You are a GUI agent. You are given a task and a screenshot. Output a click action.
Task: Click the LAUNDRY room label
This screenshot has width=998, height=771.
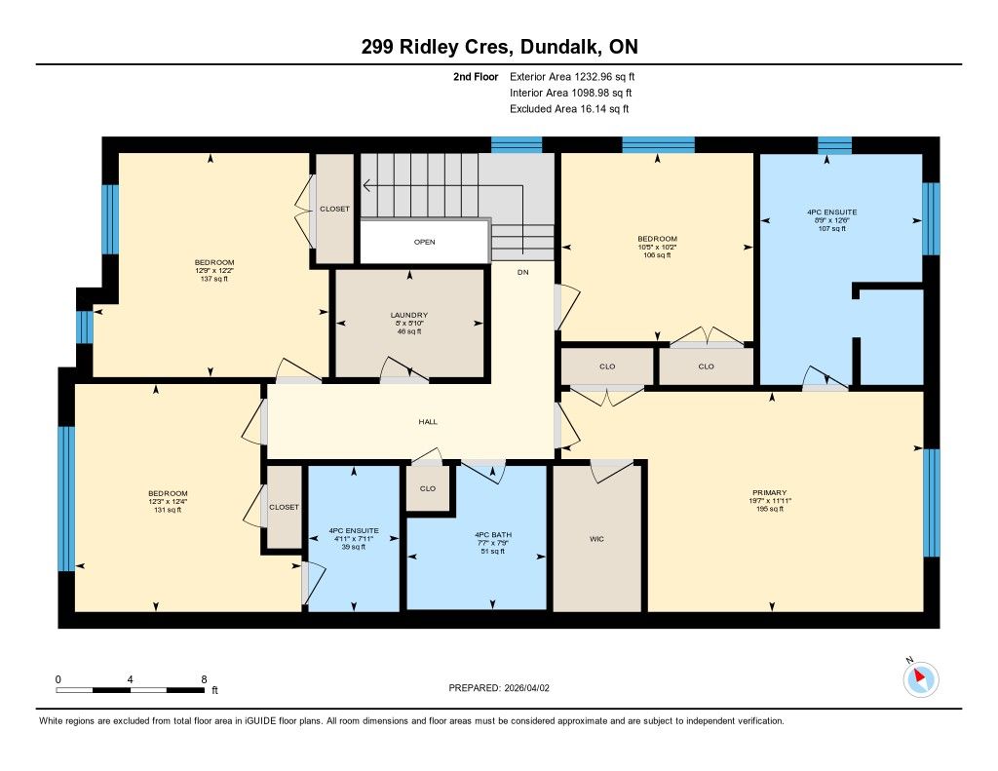click(409, 315)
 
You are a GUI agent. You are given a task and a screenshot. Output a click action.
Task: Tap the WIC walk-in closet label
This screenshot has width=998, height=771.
click(596, 539)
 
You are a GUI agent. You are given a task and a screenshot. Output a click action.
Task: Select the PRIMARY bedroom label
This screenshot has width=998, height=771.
click(770, 493)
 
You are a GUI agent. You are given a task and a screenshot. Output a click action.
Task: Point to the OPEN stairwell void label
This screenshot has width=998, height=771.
click(425, 242)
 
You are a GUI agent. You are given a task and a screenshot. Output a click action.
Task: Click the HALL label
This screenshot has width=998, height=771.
click(428, 421)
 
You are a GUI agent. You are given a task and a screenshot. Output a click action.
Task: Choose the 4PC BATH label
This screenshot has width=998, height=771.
click(493, 535)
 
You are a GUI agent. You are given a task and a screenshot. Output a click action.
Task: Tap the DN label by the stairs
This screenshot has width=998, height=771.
click(523, 273)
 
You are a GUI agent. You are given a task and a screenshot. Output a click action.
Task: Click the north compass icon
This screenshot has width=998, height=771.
click(920, 678)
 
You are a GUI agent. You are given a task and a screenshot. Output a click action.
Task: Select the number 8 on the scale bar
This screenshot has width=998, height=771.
click(204, 679)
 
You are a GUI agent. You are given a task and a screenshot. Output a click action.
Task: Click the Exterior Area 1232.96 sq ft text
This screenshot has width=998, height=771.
click(572, 77)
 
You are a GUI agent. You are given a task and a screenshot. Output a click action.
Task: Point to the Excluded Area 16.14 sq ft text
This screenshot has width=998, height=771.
click(569, 109)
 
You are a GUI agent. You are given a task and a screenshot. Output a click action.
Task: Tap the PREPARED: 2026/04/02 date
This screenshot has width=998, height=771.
click(499, 688)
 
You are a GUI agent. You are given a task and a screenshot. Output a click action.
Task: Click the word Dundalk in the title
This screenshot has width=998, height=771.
click(558, 47)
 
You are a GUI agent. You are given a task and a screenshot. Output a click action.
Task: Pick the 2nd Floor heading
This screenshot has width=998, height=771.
click(476, 77)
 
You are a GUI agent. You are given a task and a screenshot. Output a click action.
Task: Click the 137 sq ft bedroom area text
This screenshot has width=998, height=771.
click(214, 279)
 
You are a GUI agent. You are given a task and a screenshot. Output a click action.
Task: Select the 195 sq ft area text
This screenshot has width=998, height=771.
click(770, 510)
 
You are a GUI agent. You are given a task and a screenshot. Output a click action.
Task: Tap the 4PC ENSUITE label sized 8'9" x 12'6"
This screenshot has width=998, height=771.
click(832, 212)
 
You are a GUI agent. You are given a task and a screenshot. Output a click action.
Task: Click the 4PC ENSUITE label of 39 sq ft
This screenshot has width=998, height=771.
click(354, 530)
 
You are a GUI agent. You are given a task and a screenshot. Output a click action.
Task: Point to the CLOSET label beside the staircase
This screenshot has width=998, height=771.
click(335, 209)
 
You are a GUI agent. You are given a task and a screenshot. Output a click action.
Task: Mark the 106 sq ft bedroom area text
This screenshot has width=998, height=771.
click(658, 255)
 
